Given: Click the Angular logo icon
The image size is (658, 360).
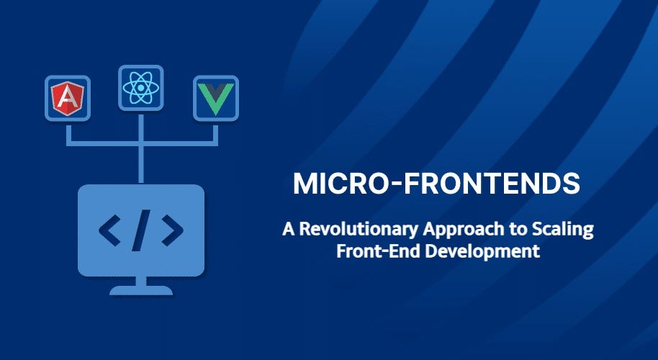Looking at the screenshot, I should [67, 99].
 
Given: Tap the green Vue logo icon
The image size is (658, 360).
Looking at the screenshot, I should [215, 99].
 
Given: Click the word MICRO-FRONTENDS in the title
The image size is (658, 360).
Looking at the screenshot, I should [436, 184].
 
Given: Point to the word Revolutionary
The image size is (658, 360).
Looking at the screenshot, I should [343, 230].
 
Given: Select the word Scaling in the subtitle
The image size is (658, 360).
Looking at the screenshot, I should [564, 230].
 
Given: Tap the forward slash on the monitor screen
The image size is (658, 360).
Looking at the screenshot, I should [141, 230].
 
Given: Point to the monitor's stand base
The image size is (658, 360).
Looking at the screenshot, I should [141, 291].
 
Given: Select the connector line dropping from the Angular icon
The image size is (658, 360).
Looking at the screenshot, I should [68, 133].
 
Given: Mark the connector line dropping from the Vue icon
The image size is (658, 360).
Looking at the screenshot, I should [215, 133].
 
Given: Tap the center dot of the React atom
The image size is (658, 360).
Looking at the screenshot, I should [141, 89].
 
